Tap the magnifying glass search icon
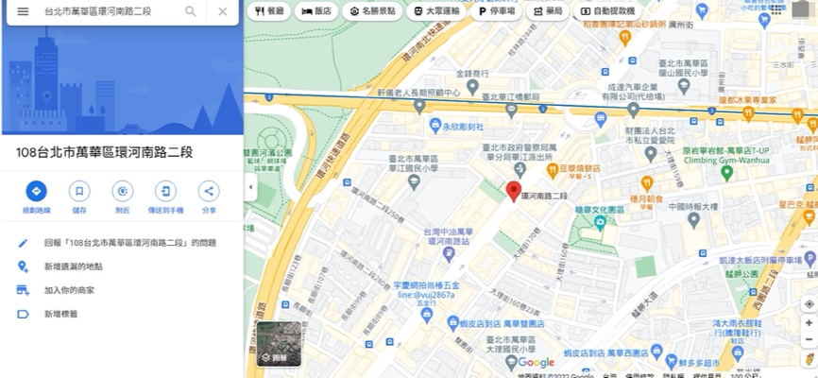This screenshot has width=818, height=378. click(191, 11)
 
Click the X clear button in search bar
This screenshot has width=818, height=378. click(222, 11)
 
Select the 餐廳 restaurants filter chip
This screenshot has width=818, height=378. click(269, 10)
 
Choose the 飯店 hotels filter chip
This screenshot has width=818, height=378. click(316, 10)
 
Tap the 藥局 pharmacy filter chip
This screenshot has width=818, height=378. click(547, 10)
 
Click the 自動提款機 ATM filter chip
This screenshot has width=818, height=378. click(606, 10)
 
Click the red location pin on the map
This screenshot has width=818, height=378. click(514, 191)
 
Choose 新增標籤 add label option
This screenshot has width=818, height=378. click(60, 314)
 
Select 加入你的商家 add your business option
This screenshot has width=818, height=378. click(69, 290)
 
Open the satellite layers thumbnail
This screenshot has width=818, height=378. click(279, 343)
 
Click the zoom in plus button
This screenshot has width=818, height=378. click(809, 323)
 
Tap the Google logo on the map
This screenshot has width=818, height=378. click(536, 363)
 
